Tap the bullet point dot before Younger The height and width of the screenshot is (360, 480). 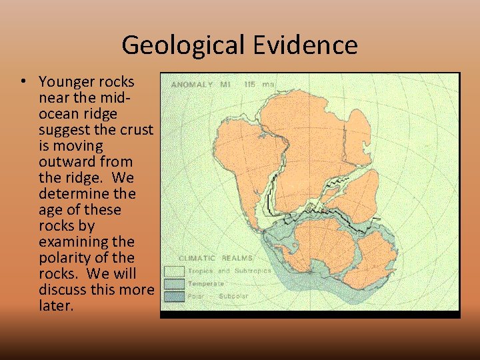(23, 82)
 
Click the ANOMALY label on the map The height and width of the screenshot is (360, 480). (192, 85)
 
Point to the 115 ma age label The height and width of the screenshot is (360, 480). (259, 85)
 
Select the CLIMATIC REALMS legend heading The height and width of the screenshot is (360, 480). (215, 257)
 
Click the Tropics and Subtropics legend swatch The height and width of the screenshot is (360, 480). (174, 271)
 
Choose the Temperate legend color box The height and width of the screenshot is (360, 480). (174, 284)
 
